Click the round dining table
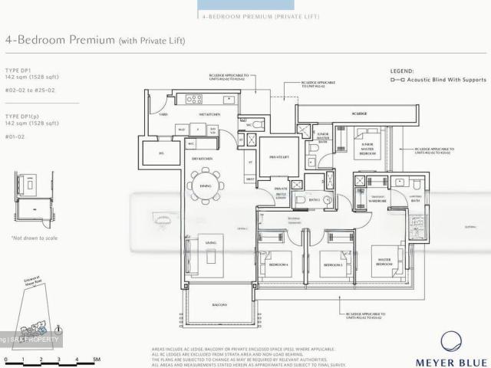click(206, 186)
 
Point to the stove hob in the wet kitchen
click(194, 99)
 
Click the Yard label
click(163, 113)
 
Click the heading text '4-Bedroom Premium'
click(60, 39)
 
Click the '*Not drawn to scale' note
click(35, 238)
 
